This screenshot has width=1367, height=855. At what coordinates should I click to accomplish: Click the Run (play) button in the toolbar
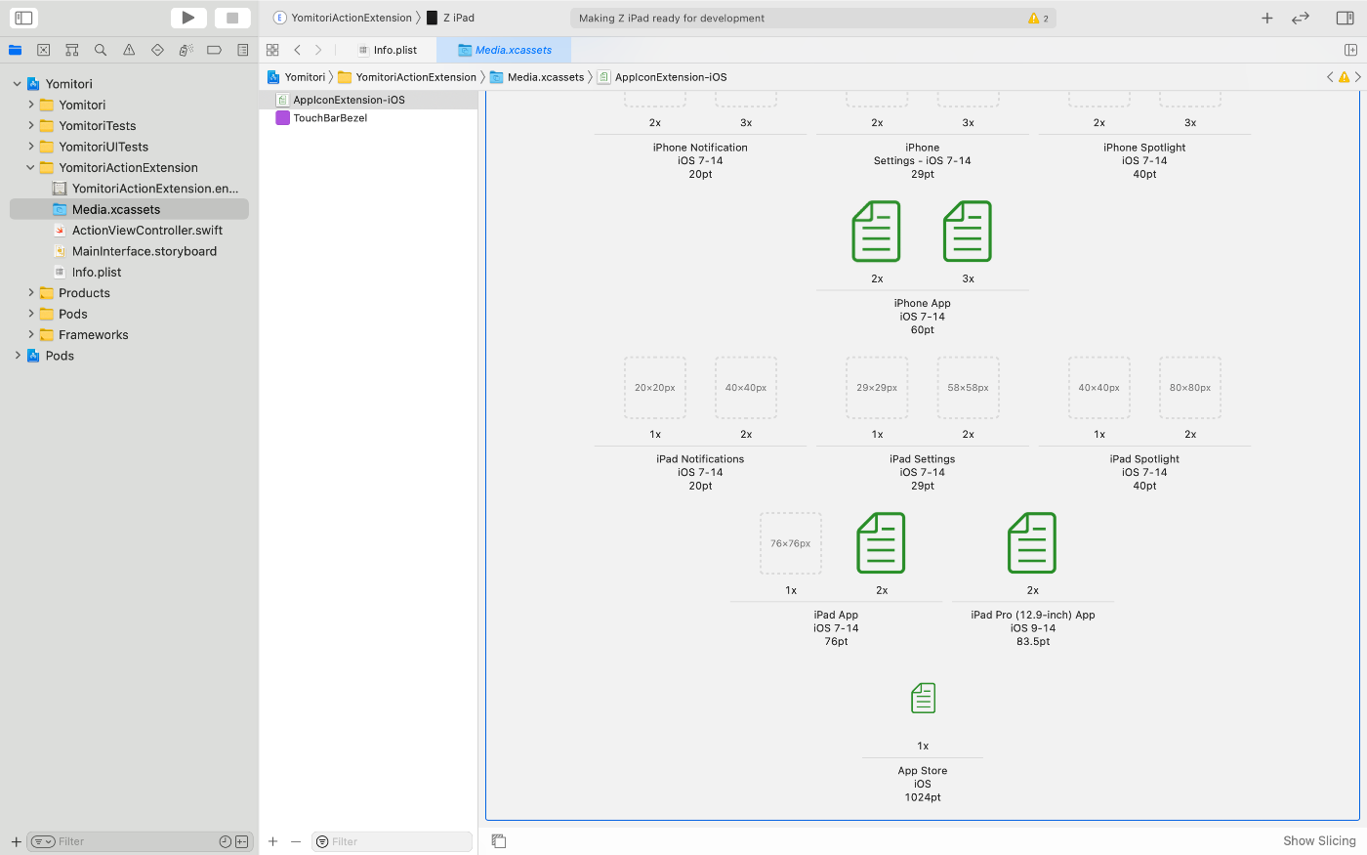188,18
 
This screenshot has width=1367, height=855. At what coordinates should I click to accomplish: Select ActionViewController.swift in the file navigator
146,231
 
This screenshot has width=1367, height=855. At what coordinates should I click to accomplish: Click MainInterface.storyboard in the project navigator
144,251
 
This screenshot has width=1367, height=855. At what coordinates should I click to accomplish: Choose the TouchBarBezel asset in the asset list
329,118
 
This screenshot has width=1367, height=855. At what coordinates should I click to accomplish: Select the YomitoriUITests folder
103,147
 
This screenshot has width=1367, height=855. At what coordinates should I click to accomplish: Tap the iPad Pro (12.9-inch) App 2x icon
1032,543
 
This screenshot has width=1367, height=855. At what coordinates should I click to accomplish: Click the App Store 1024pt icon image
923,699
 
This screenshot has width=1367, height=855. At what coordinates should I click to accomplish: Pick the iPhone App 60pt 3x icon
968,232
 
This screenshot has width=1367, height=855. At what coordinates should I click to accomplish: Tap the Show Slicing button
1318,841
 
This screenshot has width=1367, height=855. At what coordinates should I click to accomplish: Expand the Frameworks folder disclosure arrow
31,335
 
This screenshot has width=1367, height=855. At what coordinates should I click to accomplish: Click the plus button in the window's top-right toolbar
1266,18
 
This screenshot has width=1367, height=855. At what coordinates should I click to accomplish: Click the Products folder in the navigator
84,293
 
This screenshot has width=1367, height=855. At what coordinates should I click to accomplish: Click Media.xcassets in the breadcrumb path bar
545,77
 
